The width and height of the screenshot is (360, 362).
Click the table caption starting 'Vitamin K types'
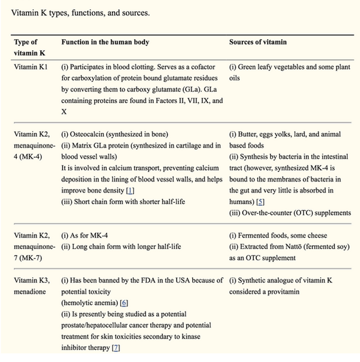80,13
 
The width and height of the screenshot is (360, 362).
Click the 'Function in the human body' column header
105,42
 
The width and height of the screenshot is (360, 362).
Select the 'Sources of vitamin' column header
258,42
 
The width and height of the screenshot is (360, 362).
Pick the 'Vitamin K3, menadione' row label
31,286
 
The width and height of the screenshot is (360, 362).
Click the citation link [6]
124,303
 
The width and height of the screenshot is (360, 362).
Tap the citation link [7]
116,347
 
